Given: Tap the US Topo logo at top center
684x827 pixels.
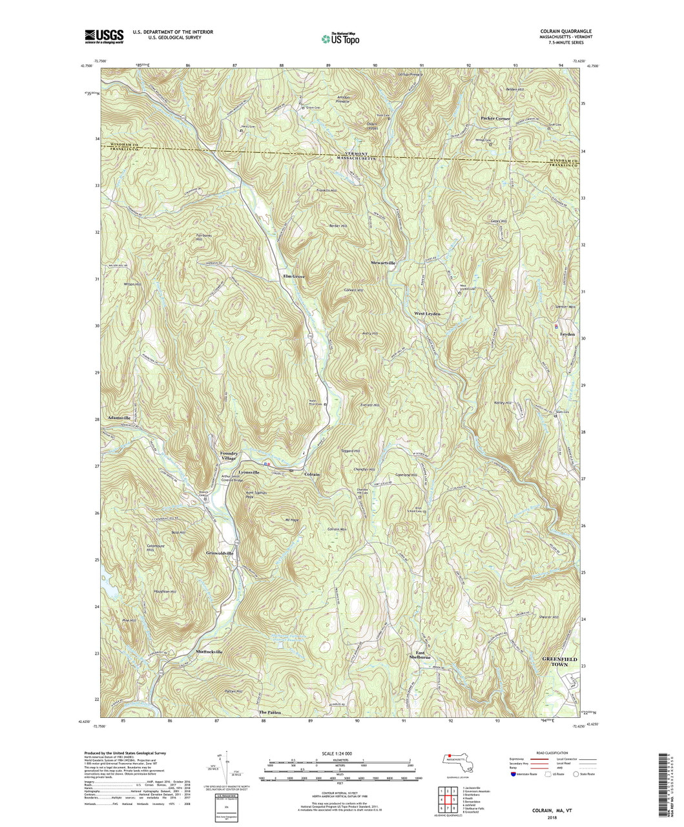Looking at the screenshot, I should [x=341, y=38].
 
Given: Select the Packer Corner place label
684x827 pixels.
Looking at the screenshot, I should [x=495, y=119].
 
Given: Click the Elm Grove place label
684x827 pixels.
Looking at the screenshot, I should [x=293, y=277].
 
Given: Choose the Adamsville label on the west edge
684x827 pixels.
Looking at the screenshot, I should [x=123, y=419].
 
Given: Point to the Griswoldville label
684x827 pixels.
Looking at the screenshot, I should [x=224, y=554].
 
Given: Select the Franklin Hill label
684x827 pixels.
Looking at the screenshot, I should [x=327, y=191].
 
